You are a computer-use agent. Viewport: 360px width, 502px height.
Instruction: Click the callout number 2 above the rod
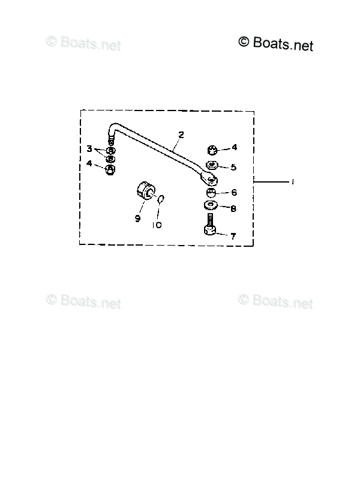(181, 135)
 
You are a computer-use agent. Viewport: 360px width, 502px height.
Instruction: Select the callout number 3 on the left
(89, 148)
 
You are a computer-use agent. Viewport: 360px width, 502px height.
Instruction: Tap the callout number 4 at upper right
(235, 147)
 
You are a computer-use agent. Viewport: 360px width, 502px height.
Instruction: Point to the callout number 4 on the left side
(89, 163)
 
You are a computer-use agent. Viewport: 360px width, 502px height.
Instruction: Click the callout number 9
(137, 219)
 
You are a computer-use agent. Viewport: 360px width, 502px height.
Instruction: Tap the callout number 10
(157, 225)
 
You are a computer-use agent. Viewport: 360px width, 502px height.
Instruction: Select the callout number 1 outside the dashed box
(292, 183)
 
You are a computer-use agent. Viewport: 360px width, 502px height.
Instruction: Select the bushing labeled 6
(211, 193)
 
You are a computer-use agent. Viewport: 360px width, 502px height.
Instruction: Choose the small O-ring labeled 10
(161, 199)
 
